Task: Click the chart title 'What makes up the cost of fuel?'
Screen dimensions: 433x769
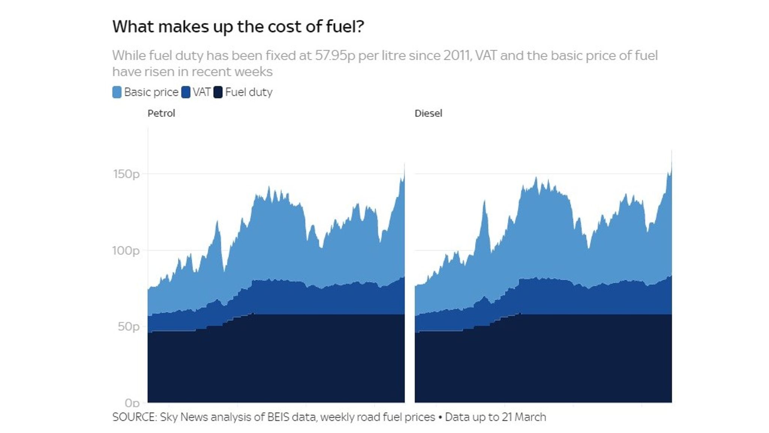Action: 238,27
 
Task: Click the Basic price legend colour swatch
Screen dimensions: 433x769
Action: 117,92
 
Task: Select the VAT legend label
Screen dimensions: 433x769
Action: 202,92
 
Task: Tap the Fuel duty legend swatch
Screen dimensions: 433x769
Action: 218,92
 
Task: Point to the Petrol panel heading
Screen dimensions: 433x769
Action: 161,113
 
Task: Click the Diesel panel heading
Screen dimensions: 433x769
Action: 428,113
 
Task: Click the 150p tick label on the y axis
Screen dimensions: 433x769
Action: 126,174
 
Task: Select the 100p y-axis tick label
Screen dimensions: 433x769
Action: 126,250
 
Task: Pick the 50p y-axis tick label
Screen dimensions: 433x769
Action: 128,326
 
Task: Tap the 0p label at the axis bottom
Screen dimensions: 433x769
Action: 132,403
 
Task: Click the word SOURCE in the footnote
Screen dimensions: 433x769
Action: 134,417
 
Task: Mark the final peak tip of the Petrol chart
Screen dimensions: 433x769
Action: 404,164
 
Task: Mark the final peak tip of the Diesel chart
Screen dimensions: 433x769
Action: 671,150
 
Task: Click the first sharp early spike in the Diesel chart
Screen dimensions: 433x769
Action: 484,201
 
